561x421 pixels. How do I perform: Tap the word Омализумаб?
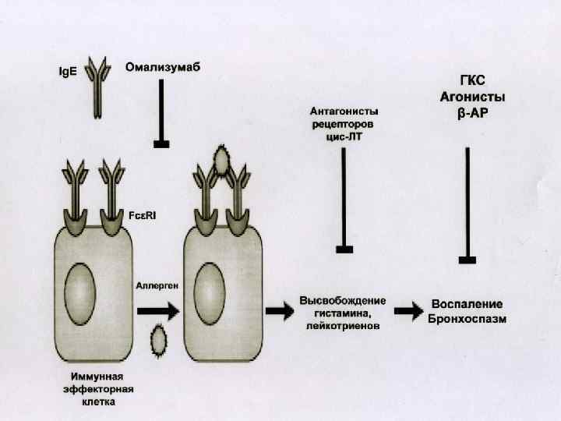tap(163, 67)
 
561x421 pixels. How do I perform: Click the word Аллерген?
tap(157, 286)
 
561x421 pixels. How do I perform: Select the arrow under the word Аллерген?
tap(158, 310)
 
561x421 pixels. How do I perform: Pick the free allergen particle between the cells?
tap(159, 339)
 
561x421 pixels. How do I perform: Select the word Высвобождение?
tap(343, 301)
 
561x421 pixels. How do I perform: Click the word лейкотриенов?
tap(343, 327)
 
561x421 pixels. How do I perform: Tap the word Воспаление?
tap(467, 304)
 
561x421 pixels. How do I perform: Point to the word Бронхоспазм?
tap(467, 319)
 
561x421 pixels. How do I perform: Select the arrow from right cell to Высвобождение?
tap(280, 310)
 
